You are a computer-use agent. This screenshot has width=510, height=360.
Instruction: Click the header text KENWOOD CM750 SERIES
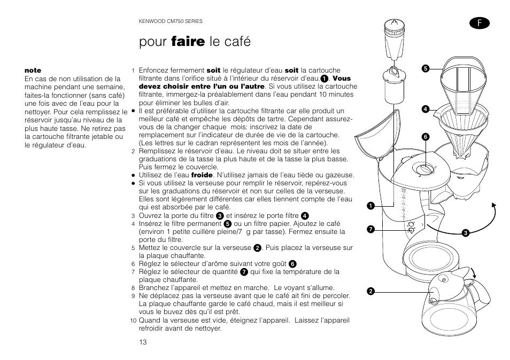tap(171, 21)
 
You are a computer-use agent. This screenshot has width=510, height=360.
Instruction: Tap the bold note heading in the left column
tap(33, 71)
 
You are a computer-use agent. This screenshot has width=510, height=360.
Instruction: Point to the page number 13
tap(143, 342)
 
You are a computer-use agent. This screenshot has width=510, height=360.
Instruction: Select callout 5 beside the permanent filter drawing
tap(426, 68)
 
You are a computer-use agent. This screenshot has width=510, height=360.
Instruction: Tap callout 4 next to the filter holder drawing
tap(426, 109)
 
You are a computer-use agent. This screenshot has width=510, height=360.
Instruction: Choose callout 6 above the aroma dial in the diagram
tap(426, 137)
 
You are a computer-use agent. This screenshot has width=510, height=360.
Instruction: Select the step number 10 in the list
tap(134, 321)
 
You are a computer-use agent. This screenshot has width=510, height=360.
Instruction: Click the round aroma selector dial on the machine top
tap(424, 169)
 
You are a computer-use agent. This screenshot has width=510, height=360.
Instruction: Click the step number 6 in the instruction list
tap(133, 264)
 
